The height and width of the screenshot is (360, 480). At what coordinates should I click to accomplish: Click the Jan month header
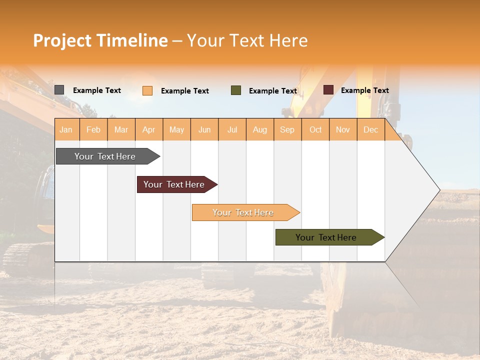pos(66,129)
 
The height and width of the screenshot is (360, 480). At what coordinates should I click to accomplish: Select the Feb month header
pos(93,129)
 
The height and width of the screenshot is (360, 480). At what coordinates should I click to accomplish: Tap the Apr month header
pos(148,129)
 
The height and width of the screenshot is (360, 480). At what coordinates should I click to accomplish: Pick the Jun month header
pos(204,129)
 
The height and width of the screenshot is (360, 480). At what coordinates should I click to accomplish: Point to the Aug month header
pos(259,129)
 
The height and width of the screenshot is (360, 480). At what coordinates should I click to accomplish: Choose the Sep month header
pos(287,129)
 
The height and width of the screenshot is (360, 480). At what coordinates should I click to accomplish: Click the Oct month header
pos(315,129)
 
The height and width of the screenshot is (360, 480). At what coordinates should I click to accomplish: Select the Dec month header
pos(370,129)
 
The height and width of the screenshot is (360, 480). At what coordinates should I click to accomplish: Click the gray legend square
pos(59,90)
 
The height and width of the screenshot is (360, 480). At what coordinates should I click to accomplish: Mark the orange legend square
pos(147,90)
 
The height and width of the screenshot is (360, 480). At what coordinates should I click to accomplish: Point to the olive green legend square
pos(236,90)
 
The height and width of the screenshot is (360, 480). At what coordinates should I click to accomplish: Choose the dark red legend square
pos(328,90)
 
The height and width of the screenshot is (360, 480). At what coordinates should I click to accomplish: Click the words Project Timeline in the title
pos(100,40)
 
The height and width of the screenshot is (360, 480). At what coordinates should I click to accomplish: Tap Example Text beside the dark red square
pos(364,90)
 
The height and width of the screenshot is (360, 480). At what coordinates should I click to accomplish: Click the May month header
pos(176,129)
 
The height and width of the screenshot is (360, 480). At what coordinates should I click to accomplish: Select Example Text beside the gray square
pos(97,90)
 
